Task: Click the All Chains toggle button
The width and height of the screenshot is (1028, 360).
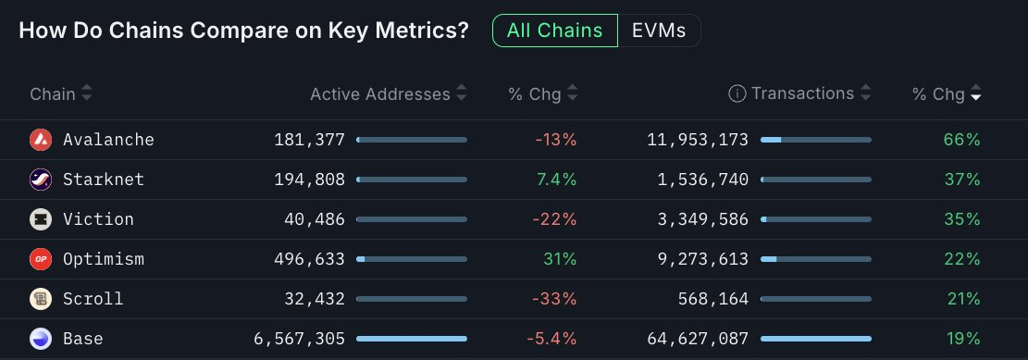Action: coord(554,31)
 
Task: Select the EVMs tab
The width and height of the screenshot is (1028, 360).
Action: coord(659,31)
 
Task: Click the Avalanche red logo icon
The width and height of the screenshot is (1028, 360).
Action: coord(41,140)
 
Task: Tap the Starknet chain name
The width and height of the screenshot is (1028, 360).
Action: coord(104,180)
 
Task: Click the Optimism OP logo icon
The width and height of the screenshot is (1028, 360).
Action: coord(41,259)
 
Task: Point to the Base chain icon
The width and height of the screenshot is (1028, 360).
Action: coord(41,339)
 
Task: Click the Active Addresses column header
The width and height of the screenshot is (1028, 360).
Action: coord(379,93)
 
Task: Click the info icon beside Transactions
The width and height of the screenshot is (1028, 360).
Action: coord(737,93)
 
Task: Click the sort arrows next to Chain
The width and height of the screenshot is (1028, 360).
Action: coord(87,93)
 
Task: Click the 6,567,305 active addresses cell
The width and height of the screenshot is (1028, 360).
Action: coord(299,339)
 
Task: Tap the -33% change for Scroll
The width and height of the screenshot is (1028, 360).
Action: coord(555,299)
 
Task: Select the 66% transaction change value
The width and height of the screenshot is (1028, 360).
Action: coord(961,140)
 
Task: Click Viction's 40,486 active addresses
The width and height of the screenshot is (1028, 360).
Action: coord(315,219)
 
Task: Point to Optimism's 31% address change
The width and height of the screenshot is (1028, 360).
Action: coord(560,259)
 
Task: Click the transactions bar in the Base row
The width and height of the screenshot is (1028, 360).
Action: coord(815,339)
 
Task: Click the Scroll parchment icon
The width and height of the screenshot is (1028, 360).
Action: coord(41,299)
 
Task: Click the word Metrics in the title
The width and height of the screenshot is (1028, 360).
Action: coord(418,31)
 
